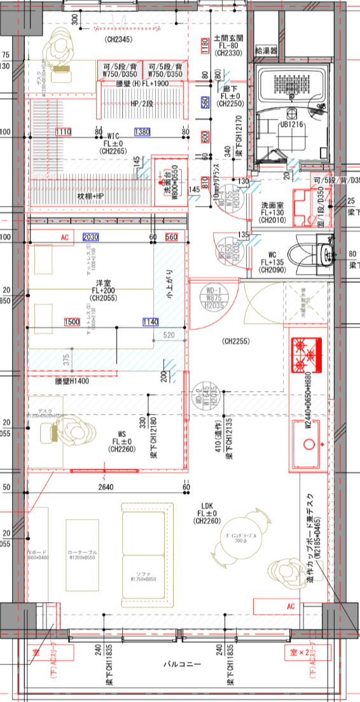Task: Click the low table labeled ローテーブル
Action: coord(83,553)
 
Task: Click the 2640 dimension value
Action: coord(105,488)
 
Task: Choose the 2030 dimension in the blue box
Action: coord(91,237)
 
